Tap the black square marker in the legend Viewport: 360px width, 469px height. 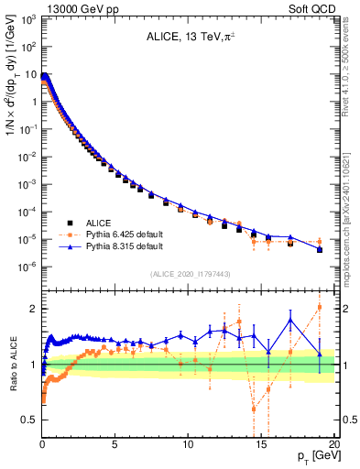pyautogui.click(x=69, y=223)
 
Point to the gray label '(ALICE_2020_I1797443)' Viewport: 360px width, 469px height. pyautogui.click(x=190, y=274)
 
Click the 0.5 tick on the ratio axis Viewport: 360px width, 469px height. pyautogui.click(x=29, y=420)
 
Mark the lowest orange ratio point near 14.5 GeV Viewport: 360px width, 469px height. pyautogui.click(x=254, y=409)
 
